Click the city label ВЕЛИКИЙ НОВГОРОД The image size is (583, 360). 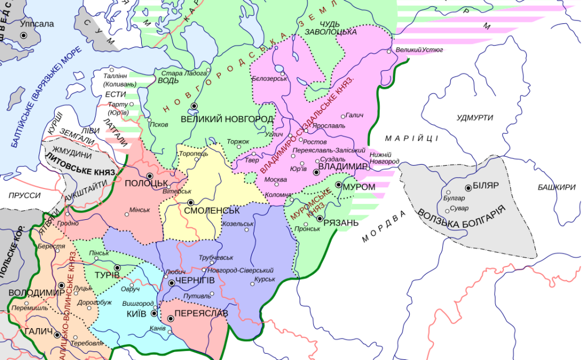pos(227,119)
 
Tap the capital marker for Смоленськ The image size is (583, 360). pos(191,202)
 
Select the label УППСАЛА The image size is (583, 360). pos(36,24)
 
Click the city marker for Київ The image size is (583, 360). pos(154,313)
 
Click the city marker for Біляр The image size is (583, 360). pos(469,187)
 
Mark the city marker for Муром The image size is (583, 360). pos(338,185)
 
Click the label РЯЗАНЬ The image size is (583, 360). pos(340,222)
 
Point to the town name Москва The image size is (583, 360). pos(276,179)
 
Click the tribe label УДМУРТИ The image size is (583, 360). pos(474,117)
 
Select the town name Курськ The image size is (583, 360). pos(265,279)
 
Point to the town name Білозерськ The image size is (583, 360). pos(269,78)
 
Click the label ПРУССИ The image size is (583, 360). pos(24,195)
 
